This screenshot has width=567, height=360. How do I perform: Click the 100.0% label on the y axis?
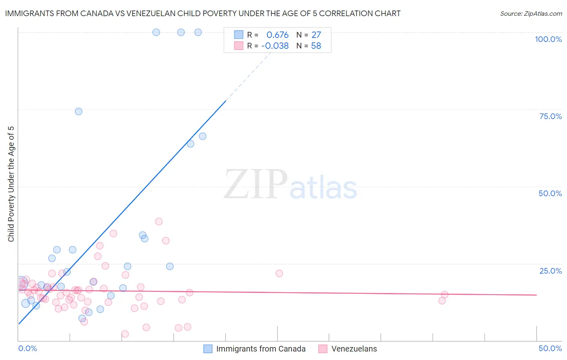click(x=548, y=39)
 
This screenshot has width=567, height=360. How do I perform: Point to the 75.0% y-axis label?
click(x=550, y=116)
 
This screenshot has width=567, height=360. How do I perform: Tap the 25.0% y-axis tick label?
click(x=550, y=270)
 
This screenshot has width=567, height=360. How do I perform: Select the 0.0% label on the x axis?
click(x=27, y=348)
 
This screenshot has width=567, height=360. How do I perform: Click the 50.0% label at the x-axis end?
click(x=550, y=348)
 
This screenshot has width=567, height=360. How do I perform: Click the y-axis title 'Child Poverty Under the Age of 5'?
click(x=11, y=184)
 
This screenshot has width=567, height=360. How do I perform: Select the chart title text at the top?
click(x=202, y=13)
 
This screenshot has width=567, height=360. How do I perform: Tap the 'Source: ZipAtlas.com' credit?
click(x=531, y=13)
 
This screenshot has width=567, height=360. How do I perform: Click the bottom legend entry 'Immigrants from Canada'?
click(x=261, y=349)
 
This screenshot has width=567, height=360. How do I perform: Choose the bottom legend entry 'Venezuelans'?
click(x=354, y=349)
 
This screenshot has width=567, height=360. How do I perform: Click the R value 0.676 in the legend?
click(x=277, y=35)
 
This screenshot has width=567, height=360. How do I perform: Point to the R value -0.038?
click(x=275, y=46)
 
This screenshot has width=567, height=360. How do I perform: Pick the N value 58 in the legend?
click(x=316, y=46)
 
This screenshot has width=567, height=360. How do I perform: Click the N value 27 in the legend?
click(x=316, y=35)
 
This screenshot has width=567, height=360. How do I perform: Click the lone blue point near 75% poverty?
click(x=79, y=111)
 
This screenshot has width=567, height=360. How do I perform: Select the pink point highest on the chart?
click(x=159, y=222)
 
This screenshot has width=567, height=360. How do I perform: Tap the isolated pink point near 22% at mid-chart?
click(x=279, y=273)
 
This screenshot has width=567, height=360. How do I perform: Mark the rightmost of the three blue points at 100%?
click(x=198, y=32)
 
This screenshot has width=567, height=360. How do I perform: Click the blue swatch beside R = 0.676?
click(x=239, y=35)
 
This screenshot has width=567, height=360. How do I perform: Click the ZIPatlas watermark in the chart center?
click(x=290, y=184)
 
